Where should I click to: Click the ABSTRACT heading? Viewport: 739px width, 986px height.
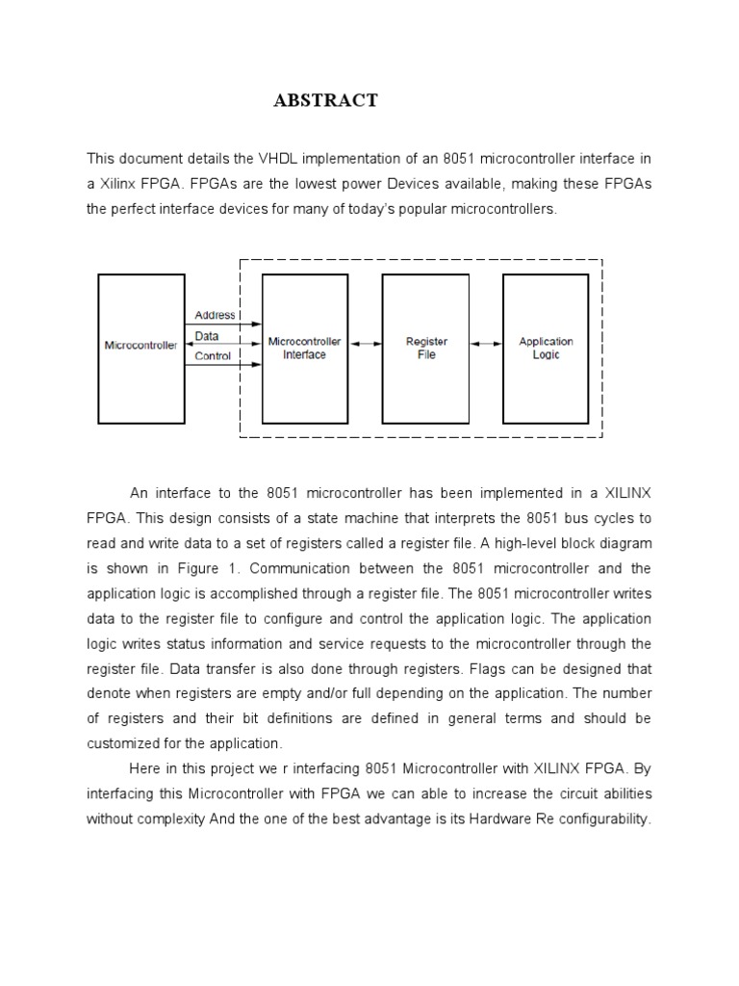[325, 100]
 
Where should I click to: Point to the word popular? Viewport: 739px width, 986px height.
[446, 208]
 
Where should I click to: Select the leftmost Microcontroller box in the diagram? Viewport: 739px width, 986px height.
[140, 348]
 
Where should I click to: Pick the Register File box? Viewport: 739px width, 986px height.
[426, 348]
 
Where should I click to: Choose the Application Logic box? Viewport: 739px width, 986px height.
[546, 348]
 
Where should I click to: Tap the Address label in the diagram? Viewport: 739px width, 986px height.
[214, 315]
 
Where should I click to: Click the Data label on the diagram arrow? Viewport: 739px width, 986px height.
[207, 336]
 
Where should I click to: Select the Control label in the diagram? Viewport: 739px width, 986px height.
[213, 356]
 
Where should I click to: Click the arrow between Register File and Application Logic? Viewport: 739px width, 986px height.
[486, 343]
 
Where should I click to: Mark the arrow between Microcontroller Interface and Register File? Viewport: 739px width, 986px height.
[365, 343]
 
